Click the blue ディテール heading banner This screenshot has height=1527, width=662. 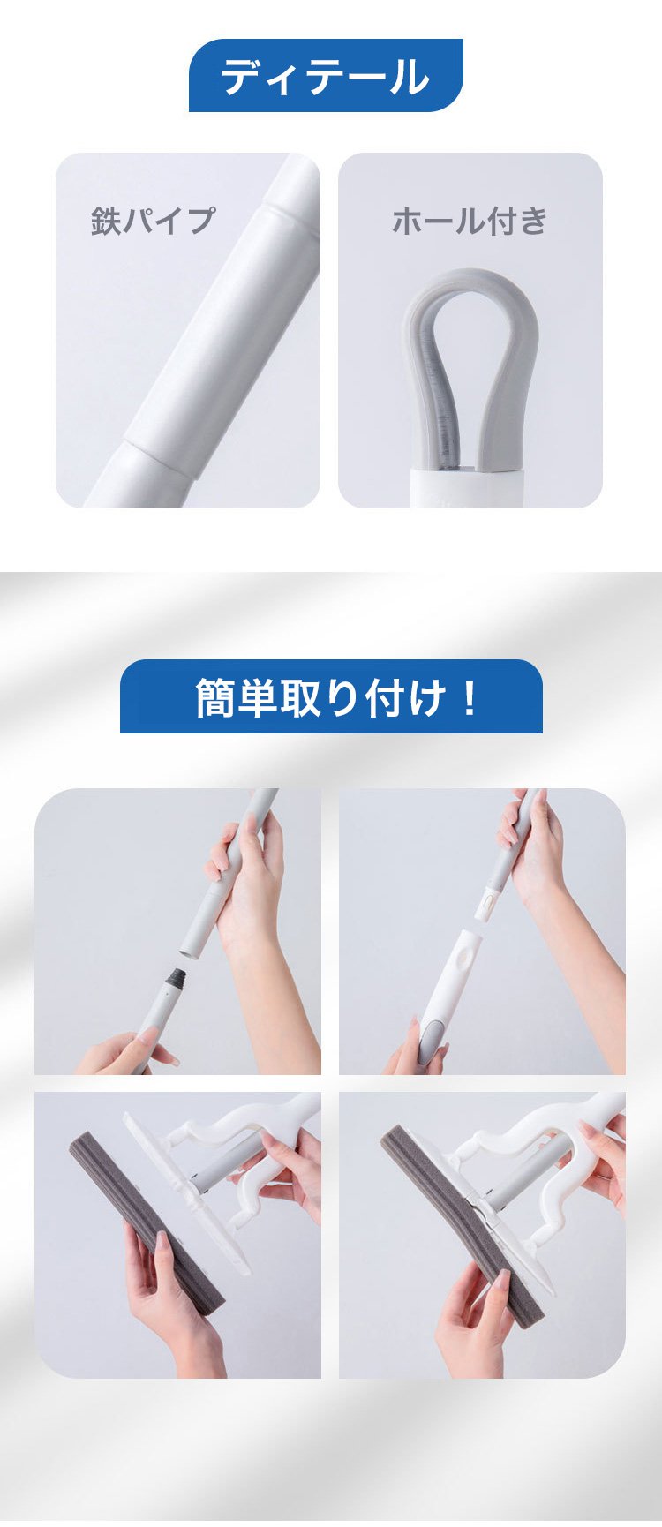click(326, 75)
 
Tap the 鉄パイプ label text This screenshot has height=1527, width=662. click(153, 221)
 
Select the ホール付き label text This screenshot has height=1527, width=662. click(470, 221)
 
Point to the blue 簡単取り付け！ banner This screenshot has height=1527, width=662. click(331, 696)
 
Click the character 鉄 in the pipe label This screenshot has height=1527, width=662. click(106, 221)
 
